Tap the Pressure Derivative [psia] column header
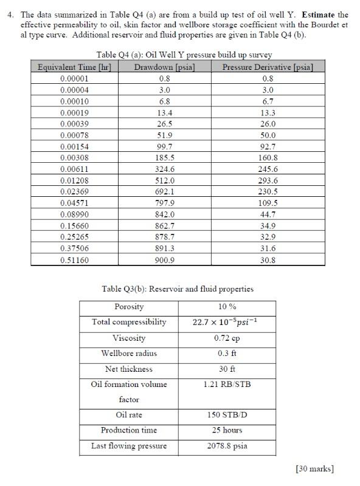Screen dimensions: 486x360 pos(268,67)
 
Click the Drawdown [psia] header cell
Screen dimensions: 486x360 pos(164,67)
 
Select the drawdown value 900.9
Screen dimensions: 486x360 pos(164,260)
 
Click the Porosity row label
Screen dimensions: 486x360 pos(129,307)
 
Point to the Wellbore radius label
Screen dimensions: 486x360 pos(129,353)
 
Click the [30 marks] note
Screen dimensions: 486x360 pos(314,468)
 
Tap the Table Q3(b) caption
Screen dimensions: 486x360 pos(177,289)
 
